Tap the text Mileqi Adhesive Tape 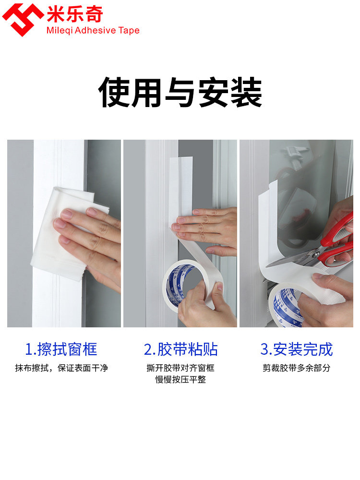point(93,31)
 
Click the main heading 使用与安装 point(180,93)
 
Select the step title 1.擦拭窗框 point(60,349)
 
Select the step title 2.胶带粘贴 point(180,349)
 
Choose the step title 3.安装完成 point(296,349)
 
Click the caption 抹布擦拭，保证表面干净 point(61,368)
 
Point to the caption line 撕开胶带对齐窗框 point(180,368)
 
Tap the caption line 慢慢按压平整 point(180,380)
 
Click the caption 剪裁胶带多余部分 point(296,368)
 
